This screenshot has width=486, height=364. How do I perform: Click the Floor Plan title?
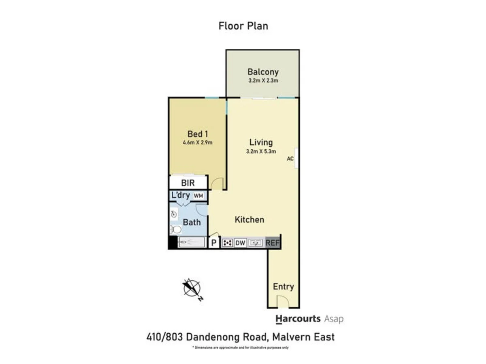(x=243, y=26)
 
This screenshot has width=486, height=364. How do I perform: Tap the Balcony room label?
(x=263, y=72)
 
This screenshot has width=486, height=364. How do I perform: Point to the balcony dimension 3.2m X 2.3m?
(x=263, y=81)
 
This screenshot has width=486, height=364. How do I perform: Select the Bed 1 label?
(x=198, y=134)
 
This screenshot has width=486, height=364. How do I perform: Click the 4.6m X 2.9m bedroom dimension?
(x=198, y=142)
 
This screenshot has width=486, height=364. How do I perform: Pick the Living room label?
(x=261, y=142)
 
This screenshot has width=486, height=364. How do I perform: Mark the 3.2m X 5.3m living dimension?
(x=261, y=152)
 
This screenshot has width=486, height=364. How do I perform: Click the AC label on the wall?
(x=290, y=159)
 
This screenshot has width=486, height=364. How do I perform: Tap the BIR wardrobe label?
(x=188, y=183)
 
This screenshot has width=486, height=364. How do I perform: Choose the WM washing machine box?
(x=198, y=196)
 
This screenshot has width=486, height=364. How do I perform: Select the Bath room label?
(x=192, y=222)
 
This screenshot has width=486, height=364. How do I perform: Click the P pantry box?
(x=213, y=243)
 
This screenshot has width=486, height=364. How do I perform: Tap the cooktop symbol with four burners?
(x=227, y=243)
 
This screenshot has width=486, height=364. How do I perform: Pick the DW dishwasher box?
(x=241, y=243)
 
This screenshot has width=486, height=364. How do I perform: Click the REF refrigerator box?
(x=273, y=243)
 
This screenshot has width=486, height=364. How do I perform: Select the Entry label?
(x=283, y=287)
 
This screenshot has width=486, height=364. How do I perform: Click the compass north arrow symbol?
(x=192, y=288)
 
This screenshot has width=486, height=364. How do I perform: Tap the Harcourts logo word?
(x=298, y=319)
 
